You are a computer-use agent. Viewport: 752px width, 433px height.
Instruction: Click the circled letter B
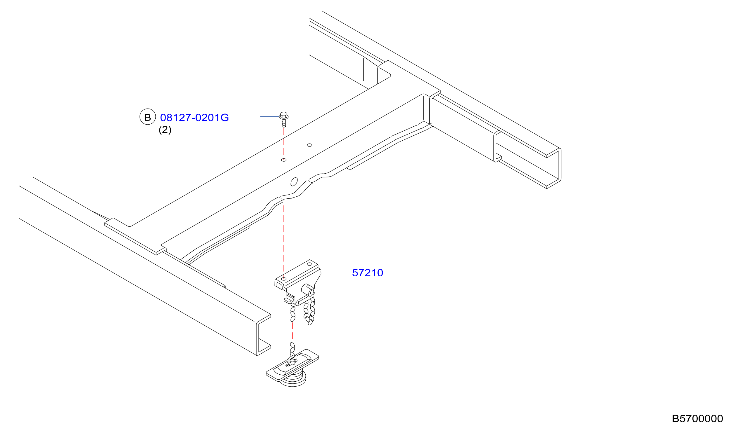[147, 117]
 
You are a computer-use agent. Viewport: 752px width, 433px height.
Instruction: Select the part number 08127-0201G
[194, 118]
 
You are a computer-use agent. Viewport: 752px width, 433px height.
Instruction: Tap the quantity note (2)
[165, 130]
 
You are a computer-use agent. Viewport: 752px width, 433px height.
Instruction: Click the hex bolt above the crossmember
[284, 119]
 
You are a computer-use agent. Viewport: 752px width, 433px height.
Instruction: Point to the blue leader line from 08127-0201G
[270, 116]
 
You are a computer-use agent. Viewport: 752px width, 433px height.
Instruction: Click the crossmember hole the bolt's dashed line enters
[284, 160]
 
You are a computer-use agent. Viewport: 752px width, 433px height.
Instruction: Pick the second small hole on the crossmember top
[309, 145]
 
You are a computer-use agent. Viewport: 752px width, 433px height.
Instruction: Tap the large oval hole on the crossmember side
[294, 182]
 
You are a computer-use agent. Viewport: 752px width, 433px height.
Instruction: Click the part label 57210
[367, 273]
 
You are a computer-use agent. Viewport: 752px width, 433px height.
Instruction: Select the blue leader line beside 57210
[333, 272]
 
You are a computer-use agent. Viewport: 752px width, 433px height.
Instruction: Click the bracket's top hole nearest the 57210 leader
[309, 264]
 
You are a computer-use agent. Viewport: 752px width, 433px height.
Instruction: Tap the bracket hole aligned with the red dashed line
[284, 279]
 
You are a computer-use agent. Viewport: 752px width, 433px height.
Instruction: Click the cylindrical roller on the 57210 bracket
[308, 290]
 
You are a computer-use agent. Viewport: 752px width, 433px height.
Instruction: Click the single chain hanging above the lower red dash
[293, 312]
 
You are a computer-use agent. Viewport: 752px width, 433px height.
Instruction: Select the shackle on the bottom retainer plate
[292, 361]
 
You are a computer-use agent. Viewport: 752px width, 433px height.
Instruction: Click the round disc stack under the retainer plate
[293, 378]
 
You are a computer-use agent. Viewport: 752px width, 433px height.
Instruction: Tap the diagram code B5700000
[697, 419]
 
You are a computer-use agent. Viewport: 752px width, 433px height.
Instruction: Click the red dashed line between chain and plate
[293, 331]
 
